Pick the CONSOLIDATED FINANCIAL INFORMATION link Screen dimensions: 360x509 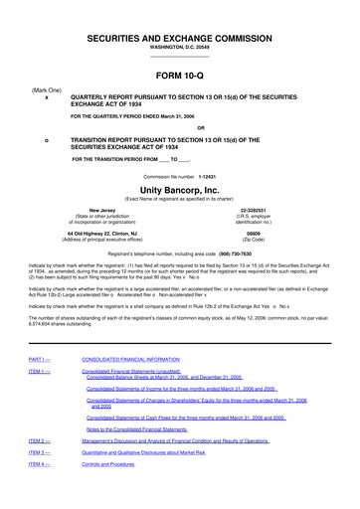click(144, 357)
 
